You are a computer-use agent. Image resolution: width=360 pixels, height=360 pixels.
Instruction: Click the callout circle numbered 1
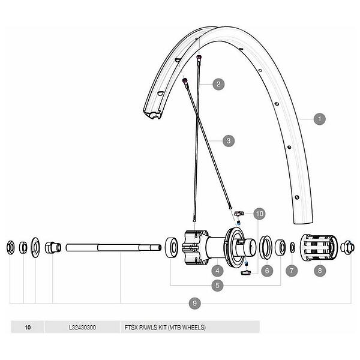(319, 119)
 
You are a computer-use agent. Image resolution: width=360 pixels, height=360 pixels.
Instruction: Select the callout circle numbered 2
(218, 84)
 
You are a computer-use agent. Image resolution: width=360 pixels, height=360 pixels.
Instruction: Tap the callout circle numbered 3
(229, 141)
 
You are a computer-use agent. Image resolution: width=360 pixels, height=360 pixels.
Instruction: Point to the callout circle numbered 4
(217, 271)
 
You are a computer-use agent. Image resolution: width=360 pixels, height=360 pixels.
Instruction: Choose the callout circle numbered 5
(217, 286)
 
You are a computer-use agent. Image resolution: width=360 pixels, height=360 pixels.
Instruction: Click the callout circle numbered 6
(267, 271)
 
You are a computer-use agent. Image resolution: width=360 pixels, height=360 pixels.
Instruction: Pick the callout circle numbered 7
(292, 271)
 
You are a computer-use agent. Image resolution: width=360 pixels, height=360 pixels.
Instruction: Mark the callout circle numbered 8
(320, 271)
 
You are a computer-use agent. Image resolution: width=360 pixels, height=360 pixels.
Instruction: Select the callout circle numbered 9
(194, 303)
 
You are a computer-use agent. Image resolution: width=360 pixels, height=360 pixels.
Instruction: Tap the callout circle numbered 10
(259, 214)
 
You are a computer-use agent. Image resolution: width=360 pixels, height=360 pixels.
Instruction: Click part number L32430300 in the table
(82, 327)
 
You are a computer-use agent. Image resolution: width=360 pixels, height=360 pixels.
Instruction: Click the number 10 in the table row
(28, 327)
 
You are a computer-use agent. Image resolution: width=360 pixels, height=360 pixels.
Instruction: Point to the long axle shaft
(113, 247)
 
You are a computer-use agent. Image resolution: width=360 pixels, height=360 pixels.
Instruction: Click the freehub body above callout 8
(319, 247)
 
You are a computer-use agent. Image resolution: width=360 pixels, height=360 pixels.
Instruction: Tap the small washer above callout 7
(293, 247)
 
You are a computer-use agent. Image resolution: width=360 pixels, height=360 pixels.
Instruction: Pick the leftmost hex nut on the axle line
(10, 247)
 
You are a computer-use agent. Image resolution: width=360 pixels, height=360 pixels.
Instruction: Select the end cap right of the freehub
(347, 247)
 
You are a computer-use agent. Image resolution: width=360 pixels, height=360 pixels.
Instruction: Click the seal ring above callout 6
(266, 247)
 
